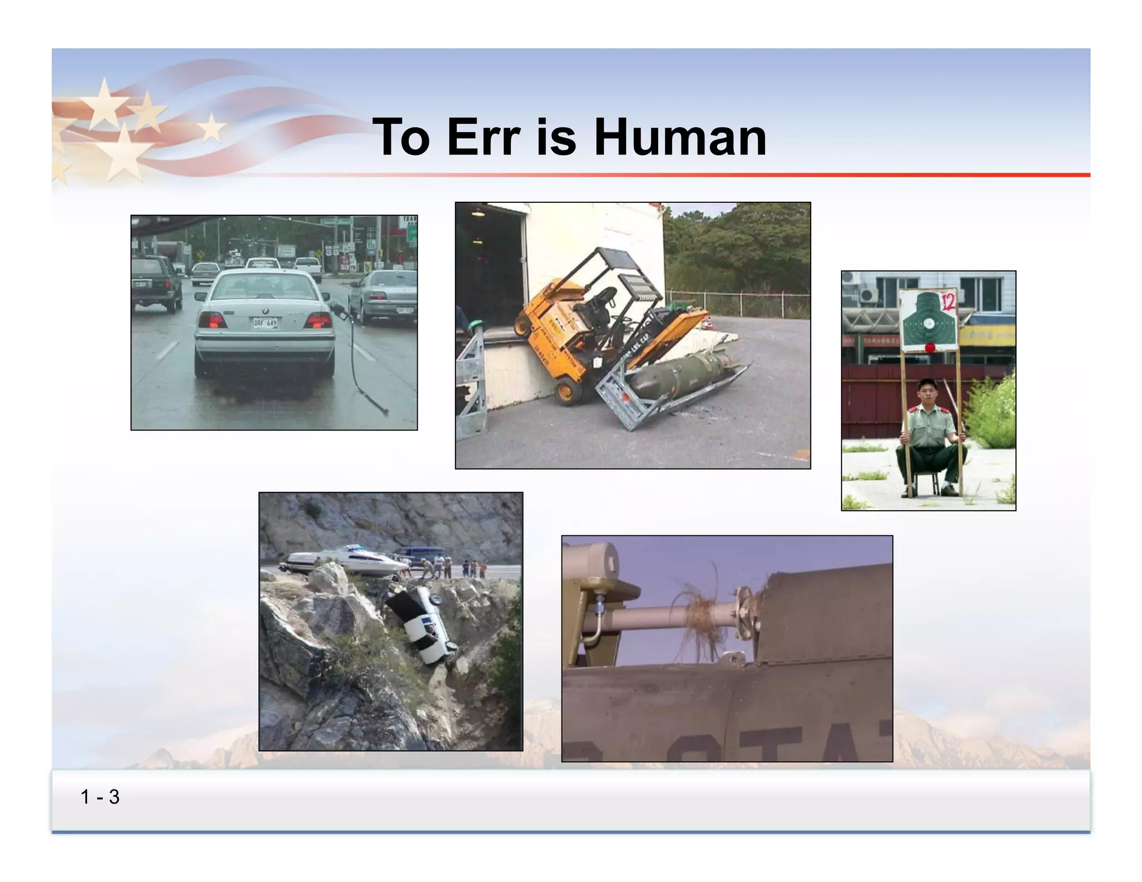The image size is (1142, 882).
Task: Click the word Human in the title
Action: pos(680,137)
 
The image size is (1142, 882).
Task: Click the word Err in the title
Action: pos(483,137)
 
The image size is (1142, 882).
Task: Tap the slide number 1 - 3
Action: pos(100,797)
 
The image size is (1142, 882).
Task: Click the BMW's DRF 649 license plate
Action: pos(265,323)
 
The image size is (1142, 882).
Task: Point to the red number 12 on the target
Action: pos(948,302)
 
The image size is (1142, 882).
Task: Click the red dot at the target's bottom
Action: pos(930,348)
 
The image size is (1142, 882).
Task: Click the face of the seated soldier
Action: pos(927,394)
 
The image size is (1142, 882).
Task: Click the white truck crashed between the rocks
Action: pos(422,624)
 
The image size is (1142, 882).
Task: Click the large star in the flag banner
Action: pos(124,152)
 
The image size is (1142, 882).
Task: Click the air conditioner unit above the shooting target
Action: pos(868,294)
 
